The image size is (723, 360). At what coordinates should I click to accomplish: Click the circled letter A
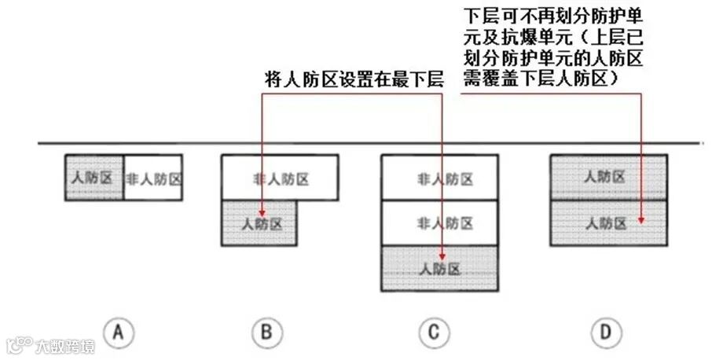[119, 332]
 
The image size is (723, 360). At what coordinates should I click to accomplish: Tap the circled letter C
[434, 332]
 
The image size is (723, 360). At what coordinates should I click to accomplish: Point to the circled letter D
[604, 332]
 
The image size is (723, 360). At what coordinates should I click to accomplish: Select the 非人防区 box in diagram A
[153, 178]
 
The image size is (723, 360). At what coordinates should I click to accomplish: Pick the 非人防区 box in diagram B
[281, 178]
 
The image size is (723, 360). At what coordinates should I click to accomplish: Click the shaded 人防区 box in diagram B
[259, 224]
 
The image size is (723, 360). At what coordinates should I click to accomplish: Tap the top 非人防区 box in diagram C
[439, 178]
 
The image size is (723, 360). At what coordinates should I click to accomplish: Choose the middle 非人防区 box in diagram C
[439, 223]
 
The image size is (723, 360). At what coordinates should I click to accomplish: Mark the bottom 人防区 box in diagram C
[439, 269]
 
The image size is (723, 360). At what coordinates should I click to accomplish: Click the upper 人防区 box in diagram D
[608, 178]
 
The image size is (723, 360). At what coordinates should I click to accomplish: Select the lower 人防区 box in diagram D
[608, 223]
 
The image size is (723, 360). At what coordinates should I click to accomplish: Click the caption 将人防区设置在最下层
[354, 79]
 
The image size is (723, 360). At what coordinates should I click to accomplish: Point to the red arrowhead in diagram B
[261, 212]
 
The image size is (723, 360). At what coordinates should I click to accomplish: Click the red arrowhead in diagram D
[643, 220]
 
